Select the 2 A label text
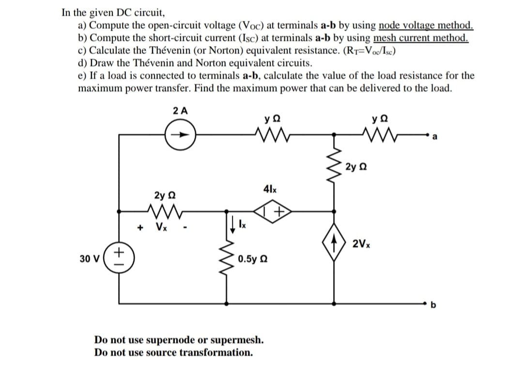click(179, 110)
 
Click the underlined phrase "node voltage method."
click(426, 25)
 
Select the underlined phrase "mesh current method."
click(421, 38)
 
